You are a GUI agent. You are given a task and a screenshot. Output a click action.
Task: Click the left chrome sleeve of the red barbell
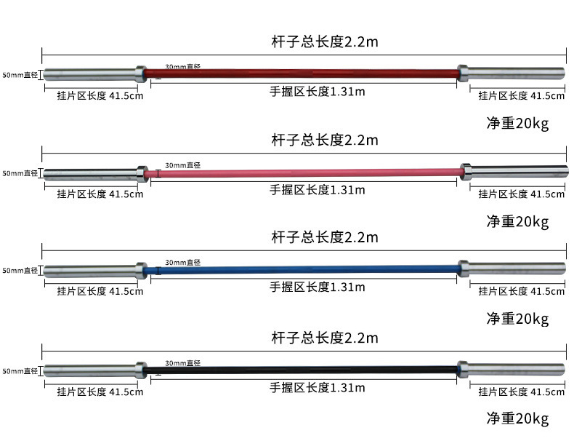coord(89,73)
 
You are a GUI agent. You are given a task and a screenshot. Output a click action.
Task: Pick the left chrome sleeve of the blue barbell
coord(89,271)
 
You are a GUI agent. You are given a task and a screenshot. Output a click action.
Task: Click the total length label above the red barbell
coord(325,41)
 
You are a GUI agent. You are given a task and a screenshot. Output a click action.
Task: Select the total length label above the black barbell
coord(325,338)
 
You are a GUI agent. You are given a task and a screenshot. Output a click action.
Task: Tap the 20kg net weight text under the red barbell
coord(517,123)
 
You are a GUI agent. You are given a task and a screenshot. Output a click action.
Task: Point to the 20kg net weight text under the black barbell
coord(517,418)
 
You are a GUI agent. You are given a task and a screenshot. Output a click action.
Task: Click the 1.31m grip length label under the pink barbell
coord(318,190)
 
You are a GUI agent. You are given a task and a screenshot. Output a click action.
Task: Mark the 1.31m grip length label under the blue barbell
coord(318,287)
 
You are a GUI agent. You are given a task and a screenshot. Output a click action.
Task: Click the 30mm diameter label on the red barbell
coord(182,66)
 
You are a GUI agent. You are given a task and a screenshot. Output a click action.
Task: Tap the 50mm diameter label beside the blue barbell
coord(20,271)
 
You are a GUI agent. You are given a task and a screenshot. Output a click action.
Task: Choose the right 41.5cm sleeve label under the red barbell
coord(521,96)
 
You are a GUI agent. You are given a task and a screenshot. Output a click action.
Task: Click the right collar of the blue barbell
coord(463,269)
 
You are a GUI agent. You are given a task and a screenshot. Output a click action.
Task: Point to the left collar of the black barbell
coord(141,370)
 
